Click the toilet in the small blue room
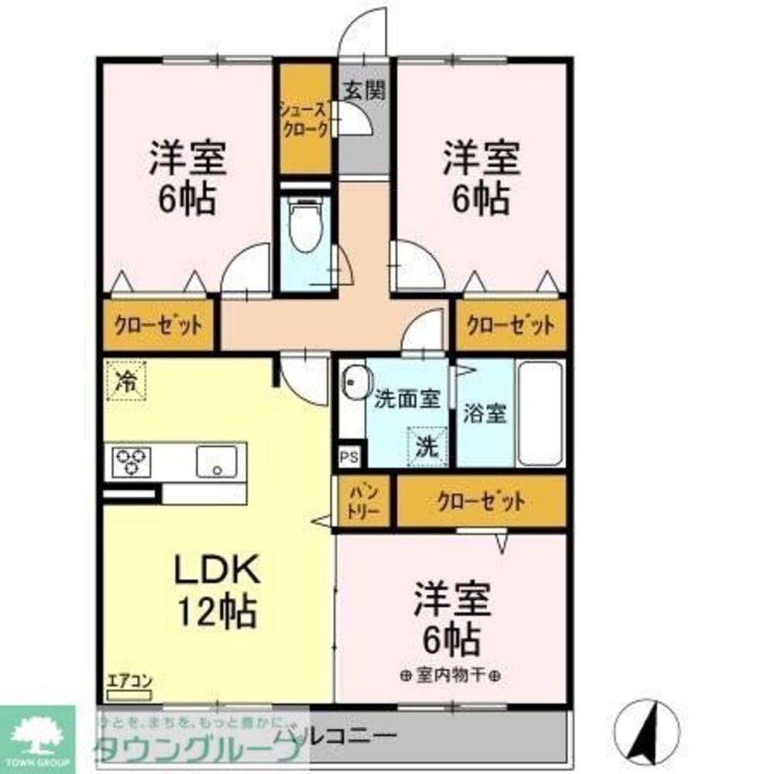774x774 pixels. tap(306, 226)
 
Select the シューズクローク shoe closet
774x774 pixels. tap(305, 120)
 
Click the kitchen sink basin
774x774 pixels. tap(219, 462)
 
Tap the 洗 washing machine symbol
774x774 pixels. tap(427, 446)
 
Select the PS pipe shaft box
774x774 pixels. tap(349, 457)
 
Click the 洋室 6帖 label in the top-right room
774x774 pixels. tap(480, 178)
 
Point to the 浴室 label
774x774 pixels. tap(484, 413)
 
